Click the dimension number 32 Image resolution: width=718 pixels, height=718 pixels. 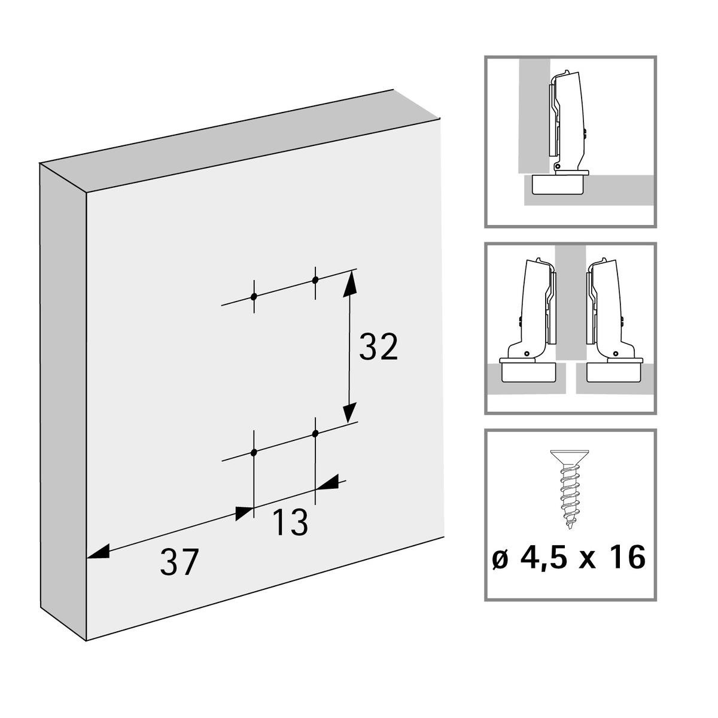pyautogui.click(x=378, y=347)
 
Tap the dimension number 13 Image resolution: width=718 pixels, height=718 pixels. pyautogui.click(x=290, y=522)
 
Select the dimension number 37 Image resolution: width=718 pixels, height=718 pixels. pyautogui.click(x=178, y=562)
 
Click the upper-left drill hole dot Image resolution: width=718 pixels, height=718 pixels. pyautogui.click(x=254, y=296)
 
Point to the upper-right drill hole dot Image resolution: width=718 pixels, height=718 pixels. pyautogui.click(x=315, y=279)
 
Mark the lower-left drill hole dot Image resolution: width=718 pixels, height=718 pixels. pyautogui.click(x=254, y=452)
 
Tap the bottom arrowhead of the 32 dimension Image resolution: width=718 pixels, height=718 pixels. pyautogui.click(x=349, y=413)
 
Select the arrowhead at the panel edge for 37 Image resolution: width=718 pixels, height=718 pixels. pyautogui.click(x=98, y=552)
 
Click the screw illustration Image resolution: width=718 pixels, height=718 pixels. pyautogui.click(x=567, y=488)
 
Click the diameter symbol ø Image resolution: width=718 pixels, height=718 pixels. pyautogui.click(x=500, y=559)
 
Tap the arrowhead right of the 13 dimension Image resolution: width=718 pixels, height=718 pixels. pyautogui.click(x=327, y=483)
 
